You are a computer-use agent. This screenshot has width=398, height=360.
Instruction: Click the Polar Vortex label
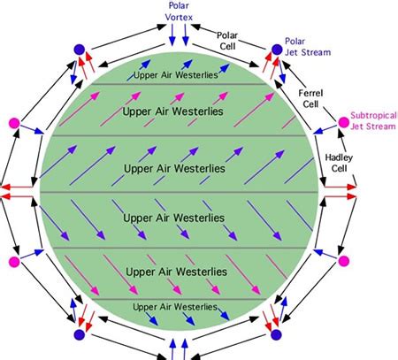click(179, 11)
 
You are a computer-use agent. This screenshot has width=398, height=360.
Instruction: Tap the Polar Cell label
click(227, 41)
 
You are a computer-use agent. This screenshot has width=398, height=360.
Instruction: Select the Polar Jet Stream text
click(308, 47)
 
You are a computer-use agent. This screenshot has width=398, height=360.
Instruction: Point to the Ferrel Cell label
click(310, 98)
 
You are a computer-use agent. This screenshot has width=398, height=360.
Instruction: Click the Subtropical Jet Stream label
click(373, 120)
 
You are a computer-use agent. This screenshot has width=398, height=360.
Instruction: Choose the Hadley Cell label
click(339, 163)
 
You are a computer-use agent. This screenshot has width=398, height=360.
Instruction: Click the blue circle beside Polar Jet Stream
click(277, 50)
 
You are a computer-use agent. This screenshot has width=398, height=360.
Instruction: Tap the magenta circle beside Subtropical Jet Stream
click(343, 122)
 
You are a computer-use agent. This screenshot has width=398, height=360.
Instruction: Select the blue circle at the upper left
click(80, 50)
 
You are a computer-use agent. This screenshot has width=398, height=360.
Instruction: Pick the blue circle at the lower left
click(80, 334)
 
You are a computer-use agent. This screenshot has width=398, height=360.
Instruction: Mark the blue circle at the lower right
click(276, 334)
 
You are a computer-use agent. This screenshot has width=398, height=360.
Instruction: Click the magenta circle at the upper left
click(14, 123)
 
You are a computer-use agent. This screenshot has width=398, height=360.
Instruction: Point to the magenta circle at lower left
click(14, 262)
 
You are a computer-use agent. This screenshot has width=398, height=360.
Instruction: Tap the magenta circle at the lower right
click(343, 261)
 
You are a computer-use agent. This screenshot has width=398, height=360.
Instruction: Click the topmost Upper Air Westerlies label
click(176, 75)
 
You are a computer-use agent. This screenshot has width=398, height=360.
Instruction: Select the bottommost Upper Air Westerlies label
click(175, 307)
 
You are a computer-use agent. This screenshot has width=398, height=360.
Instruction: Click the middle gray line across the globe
click(180, 192)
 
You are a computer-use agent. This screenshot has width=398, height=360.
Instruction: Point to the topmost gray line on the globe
click(179, 84)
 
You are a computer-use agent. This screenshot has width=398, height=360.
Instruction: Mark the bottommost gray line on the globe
click(179, 299)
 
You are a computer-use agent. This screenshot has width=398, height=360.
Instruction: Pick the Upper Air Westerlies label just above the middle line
click(174, 169)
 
